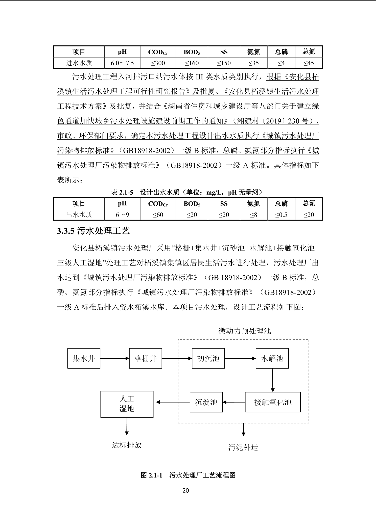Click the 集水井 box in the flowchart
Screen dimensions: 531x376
click(x=84, y=358)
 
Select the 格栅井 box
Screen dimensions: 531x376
click(x=146, y=358)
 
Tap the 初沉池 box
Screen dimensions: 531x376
click(x=208, y=358)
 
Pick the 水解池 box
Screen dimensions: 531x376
click(x=272, y=358)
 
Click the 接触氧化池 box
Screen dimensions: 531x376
click(x=273, y=402)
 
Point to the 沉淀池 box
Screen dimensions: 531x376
click(x=206, y=402)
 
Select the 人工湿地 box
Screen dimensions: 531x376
click(x=127, y=404)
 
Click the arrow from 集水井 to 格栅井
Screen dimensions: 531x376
click(x=114, y=358)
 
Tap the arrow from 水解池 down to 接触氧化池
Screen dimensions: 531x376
click(x=272, y=380)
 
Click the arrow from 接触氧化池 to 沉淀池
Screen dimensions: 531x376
click(x=234, y=402)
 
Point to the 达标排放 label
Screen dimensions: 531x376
click(x=127, y=445)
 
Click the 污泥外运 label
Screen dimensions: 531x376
click(x=243, y=447)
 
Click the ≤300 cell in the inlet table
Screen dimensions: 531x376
click(x=158, y=63)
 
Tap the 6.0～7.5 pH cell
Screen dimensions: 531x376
click(x=122, y=63)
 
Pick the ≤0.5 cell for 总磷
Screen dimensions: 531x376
click(x=281, y=215)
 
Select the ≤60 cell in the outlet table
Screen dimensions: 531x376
click(x=158, y=215)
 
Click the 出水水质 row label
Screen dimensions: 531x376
click(x=79, y=215)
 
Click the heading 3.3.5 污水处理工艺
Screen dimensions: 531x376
click(x=93, y=231)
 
